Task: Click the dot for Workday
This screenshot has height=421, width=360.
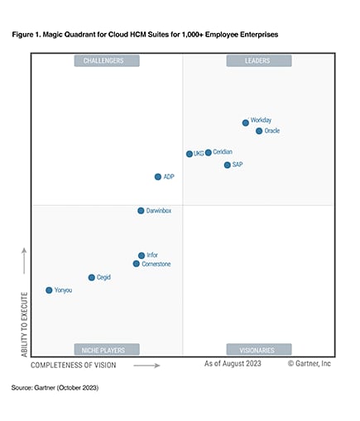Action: pos(245,122)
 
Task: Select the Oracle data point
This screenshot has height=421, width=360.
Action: pos(259,131)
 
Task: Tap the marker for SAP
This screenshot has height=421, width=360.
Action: pos(227,165)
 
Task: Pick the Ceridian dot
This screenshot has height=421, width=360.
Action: pos(209,152)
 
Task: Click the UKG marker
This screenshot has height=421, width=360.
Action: pos(190,154)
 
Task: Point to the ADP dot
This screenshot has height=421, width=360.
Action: pos(158,177)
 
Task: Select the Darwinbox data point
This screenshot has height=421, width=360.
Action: pos(141,211)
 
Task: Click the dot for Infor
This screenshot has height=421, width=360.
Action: pos(142,256)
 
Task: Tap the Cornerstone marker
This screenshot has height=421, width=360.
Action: pos(136,264)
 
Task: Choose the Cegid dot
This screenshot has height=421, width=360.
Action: pos(91,278)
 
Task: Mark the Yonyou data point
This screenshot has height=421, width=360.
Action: pos(49,290)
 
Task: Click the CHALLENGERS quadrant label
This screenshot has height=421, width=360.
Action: pos(106,60)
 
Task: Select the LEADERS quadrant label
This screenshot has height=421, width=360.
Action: pos(258,60)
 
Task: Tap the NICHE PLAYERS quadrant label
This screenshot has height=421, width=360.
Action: pos(106,350)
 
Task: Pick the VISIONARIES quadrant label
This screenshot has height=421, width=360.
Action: pos(258,350)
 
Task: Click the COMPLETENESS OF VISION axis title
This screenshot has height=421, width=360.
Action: pos(74,364)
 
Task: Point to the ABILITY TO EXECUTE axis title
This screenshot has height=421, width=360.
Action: pos(24,323)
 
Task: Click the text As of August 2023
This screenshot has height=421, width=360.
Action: pos(235,363)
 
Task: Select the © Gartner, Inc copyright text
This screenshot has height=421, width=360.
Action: pos(310,363)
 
